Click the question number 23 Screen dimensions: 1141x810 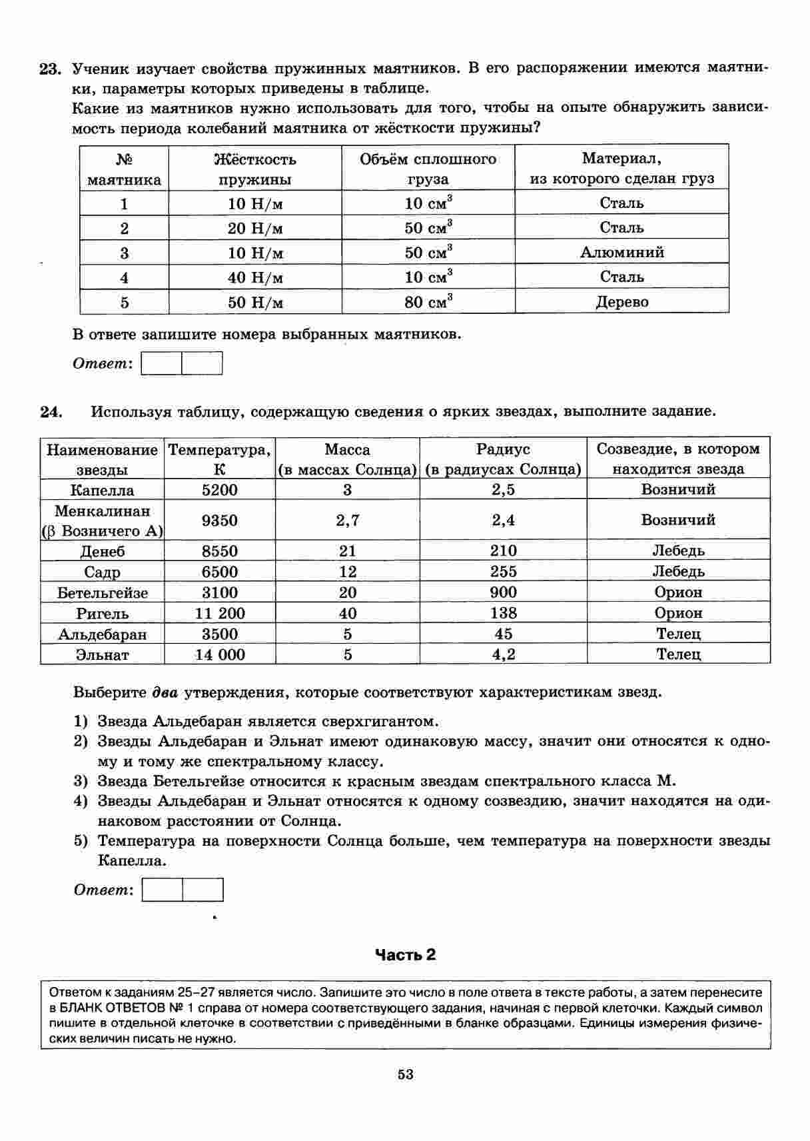coord(50,69)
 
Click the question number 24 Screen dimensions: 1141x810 coord(51,411)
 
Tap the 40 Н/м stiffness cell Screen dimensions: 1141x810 coord(255,277)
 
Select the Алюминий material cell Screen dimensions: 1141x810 coord(621,253)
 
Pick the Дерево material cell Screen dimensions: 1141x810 coord(621,302)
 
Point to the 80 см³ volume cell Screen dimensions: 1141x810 coord(428,302)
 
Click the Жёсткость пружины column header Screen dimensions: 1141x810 coord(255,169)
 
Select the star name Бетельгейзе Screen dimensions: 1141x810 coord(103,592)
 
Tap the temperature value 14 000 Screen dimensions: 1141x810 coord(220,654)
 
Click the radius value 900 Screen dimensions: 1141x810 coord(503,592)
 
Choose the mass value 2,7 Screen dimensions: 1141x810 coord(348,521)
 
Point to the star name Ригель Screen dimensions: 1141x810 coord(103,613)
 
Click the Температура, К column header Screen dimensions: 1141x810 coord(220,459)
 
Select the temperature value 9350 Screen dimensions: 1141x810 coord(220,521)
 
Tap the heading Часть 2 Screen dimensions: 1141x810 coord(405,954)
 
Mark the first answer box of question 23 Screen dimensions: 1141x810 coord(162,364)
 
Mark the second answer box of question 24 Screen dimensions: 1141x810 coord(203,890)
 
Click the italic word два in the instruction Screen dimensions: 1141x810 coord(165,692)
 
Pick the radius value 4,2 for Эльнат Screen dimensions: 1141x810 coord(503,654)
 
